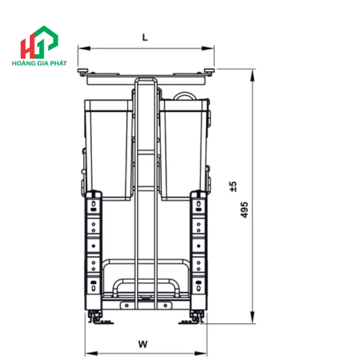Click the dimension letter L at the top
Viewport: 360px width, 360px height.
(146, 38)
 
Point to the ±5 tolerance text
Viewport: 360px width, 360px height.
(233, 186)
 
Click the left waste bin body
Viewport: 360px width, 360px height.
(109, 149)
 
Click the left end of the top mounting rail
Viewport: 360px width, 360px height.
(82, 70)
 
